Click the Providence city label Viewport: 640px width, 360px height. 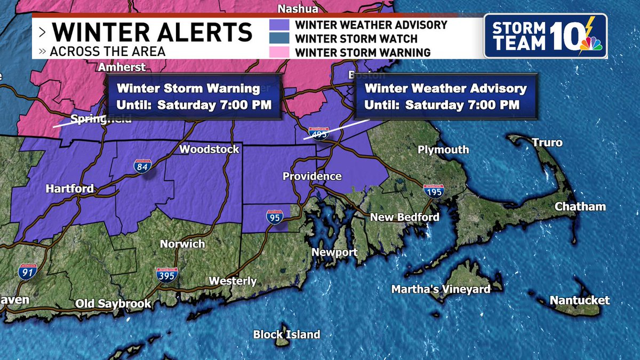point(312,177)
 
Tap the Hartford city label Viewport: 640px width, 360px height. point(70,189)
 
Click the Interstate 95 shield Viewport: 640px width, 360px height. point(273,217)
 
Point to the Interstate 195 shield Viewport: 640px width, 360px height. point(433,191)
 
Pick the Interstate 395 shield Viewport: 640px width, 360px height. point(167,275)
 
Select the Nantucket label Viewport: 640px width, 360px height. point(579,300)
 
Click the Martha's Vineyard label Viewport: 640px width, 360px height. point(441,289)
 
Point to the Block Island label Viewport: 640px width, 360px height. point(286,334)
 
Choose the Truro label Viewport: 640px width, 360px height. point(547,143)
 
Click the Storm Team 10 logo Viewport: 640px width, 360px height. point(545,36)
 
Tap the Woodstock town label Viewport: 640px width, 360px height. point(209,149)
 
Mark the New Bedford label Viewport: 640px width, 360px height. point(405,217)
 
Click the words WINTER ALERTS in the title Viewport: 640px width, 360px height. point(152,33)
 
